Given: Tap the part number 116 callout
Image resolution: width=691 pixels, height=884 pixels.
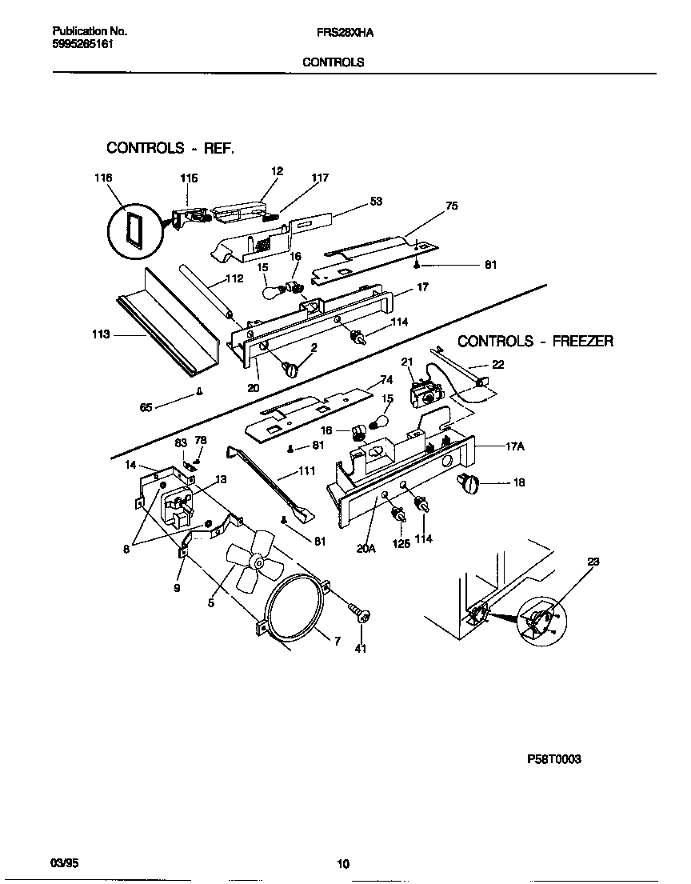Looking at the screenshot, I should tap(103, 178).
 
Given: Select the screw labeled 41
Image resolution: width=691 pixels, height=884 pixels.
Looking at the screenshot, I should tap(360, 615).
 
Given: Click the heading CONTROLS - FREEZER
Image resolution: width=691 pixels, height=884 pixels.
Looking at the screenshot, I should tap(535, 342).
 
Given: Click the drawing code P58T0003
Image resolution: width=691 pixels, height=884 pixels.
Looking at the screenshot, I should tap(553, 760).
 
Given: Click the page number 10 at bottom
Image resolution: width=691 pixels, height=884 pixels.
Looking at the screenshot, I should tap(343, 863).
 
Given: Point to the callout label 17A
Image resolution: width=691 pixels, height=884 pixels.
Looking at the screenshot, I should tap(515, 449).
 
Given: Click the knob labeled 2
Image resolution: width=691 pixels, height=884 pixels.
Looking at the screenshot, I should tap(291, 368).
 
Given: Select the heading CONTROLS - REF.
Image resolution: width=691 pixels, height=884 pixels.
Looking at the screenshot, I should tap(170, 148).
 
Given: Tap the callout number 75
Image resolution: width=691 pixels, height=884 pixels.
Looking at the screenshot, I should tap(452, 206).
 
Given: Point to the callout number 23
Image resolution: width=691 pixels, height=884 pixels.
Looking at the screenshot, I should tap(593, 562).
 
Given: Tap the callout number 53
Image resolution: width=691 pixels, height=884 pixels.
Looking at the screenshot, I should tap(375, 202).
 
